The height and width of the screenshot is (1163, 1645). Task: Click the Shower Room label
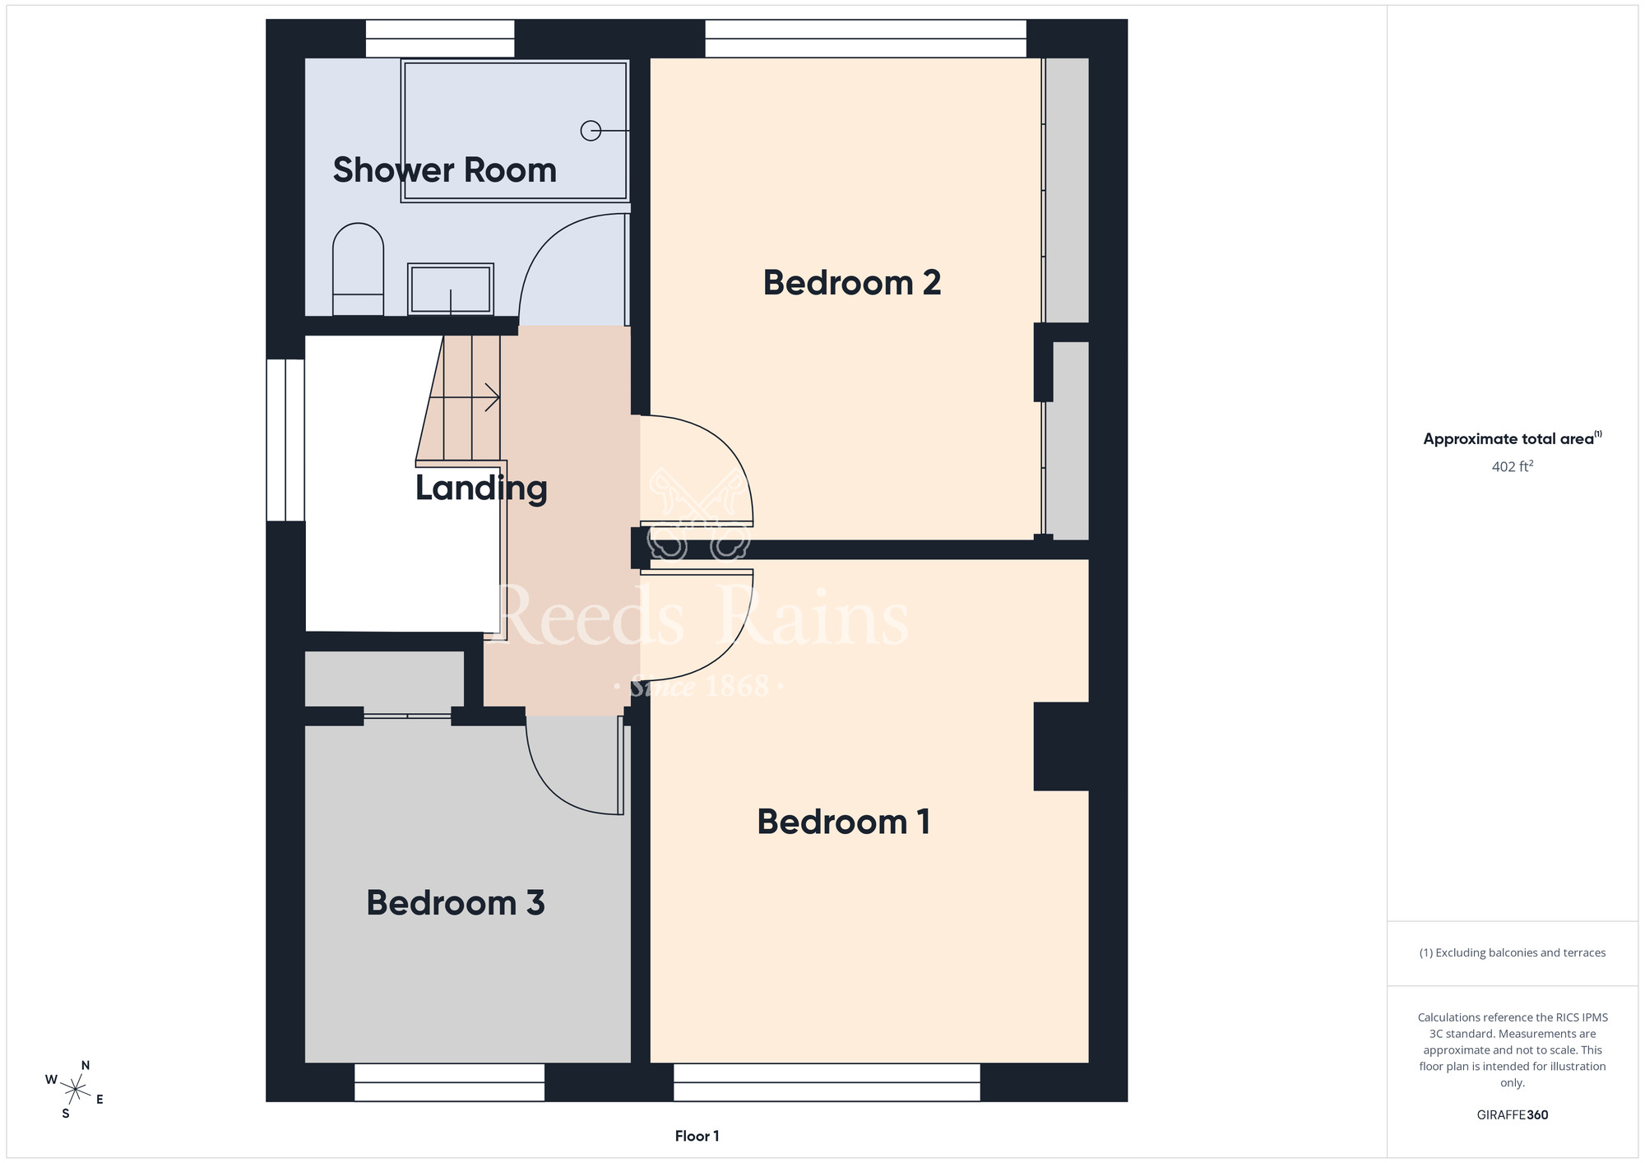tap(445, 170)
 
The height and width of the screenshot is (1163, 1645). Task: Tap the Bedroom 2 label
tap(852, 283)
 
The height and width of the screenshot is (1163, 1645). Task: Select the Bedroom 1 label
tap(844, 822)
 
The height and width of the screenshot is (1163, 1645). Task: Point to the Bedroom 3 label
tap(456, 903)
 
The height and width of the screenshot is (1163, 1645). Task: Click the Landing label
tap(481, 489)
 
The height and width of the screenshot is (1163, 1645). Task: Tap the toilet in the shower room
tap(358, 269)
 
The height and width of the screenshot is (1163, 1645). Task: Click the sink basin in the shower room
tap(451, 289)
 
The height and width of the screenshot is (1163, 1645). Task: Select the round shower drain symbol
tap(591, 131)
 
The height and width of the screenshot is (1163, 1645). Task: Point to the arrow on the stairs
tap(465, 397)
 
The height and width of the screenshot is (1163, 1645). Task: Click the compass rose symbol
tap(75, 1090)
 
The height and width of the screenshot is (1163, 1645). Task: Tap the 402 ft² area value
tap(1513, 466)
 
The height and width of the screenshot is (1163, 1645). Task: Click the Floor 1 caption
tap(697, 1136)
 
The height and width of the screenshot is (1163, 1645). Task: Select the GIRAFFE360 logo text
tap(1513, 1115)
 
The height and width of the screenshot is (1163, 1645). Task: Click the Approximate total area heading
tap(1513, 438)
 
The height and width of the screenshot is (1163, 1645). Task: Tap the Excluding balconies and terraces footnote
tap(1513, 952)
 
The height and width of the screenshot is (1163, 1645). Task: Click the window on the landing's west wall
tap(285, 440)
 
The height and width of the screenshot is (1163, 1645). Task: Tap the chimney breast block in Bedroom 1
tap(1061, 746)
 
